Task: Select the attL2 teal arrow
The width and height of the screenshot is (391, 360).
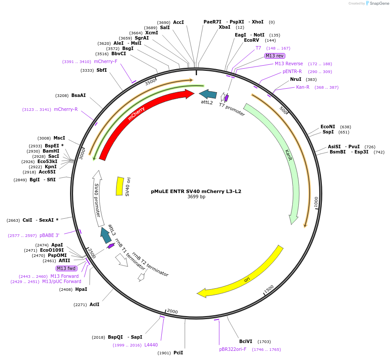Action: (208, 94)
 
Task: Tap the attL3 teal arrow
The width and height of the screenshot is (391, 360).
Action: (105, 235)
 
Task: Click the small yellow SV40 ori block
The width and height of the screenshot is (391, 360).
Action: (120, 186)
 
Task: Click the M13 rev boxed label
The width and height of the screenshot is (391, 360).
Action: (275, 56)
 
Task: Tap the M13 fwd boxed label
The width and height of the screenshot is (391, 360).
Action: (67, 268)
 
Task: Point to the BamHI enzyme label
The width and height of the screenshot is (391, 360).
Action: (51, 151)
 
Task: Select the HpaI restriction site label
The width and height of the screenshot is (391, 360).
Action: (81, 289)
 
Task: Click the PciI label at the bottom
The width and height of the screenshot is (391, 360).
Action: (178, 353)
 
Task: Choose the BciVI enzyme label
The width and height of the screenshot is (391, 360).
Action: (245, 342)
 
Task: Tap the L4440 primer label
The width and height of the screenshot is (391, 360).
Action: (151, 345)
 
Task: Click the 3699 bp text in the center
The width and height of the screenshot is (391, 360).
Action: (196, 197)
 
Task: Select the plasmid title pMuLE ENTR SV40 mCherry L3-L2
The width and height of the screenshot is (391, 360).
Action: (196, 191)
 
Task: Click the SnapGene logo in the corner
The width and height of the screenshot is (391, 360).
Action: (377, 3)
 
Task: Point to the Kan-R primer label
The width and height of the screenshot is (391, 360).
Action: (303, 87)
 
